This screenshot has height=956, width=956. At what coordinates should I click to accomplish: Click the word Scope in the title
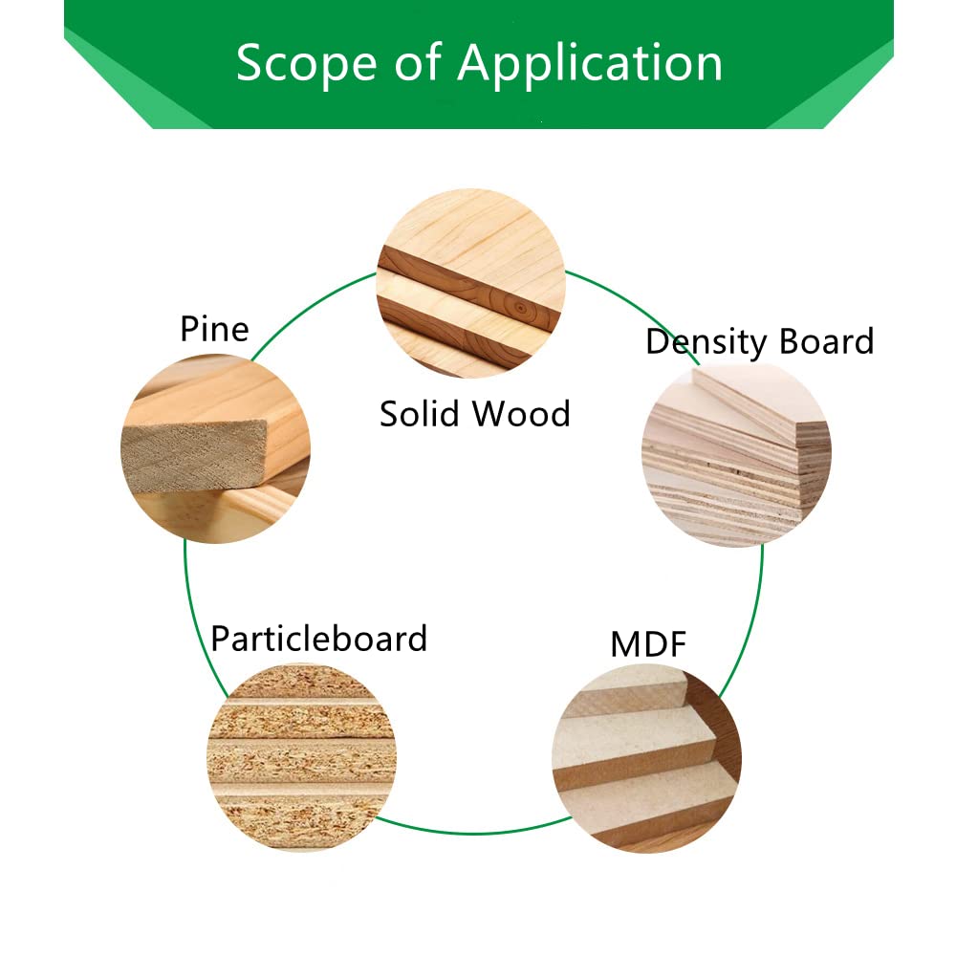click(x=306, y=63)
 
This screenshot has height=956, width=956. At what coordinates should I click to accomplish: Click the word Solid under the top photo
click(x=420, y=414)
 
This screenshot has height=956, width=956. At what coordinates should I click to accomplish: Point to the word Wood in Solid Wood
click(x=522, y=414)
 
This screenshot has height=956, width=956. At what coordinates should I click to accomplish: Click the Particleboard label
click(x=319, y=640)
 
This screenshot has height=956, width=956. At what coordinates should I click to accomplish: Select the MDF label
click(x=648, y=644)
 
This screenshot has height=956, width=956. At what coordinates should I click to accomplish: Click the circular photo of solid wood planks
click(x=471, y=283)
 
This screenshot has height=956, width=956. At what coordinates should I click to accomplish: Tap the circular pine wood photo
click(x=215, y=448)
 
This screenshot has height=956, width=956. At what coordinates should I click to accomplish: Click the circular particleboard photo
click(x=302, y=758)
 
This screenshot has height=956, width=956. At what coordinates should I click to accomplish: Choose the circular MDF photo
click(x=647, y=758)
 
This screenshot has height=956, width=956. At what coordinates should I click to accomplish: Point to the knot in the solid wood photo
click(x=520, y=309)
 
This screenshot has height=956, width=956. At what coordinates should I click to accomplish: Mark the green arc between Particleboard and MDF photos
click(x=474, y=833)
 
